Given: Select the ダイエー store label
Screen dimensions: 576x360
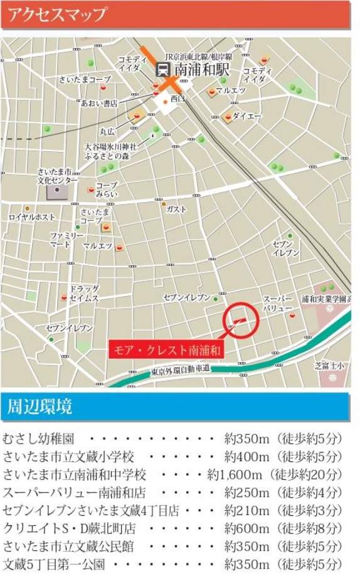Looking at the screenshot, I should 246,116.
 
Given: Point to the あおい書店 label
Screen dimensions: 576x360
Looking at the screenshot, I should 99,104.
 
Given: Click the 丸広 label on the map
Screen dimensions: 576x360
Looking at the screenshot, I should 108,132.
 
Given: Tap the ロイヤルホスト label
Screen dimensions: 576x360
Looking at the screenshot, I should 32,216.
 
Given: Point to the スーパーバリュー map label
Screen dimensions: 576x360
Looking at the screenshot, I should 277,304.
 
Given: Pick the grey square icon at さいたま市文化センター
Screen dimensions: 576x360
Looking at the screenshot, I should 58,189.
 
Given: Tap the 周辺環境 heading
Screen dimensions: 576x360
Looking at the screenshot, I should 40,406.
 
